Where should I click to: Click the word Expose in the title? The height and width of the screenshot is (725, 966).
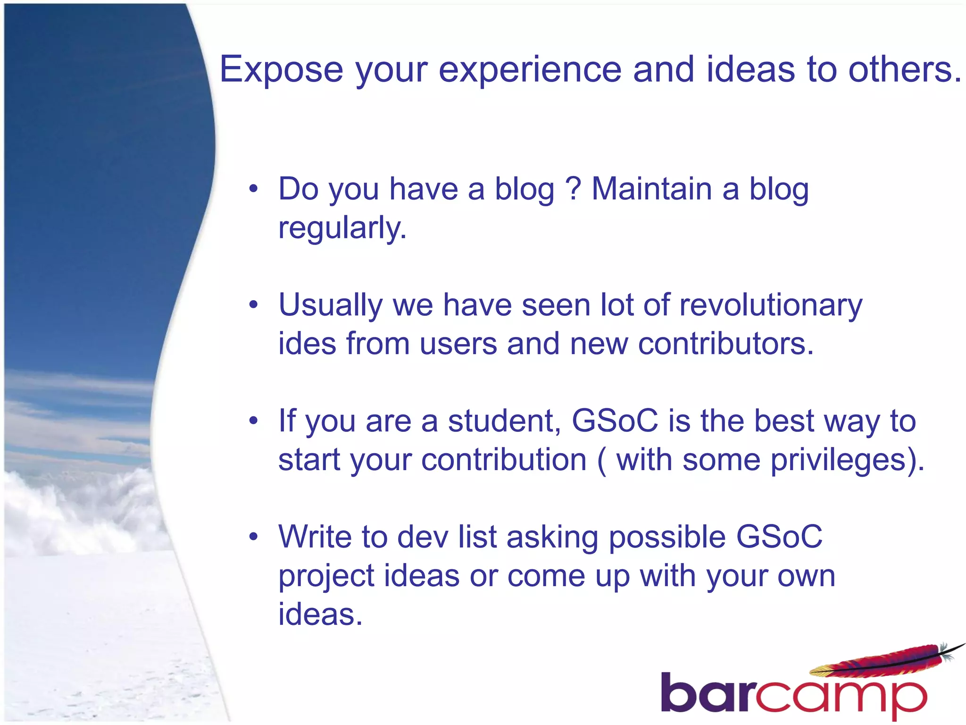pos(281,70)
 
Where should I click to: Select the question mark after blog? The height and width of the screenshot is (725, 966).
pos(573,189)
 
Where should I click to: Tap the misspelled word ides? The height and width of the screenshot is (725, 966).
pos(307,343)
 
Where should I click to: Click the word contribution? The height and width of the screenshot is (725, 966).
pos(504,460)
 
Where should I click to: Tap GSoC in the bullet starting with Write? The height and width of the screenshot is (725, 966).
pos(779,537)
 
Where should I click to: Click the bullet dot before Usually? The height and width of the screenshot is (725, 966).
pos(254,305)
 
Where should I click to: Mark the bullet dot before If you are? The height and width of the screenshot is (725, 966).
pos(254,421)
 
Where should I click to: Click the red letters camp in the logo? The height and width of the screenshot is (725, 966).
pos(840,696)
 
